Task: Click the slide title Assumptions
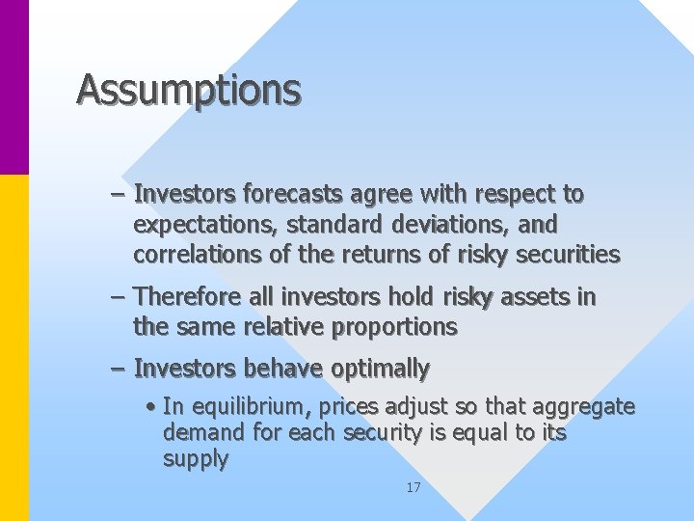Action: (189, 90)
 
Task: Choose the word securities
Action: (568, 255)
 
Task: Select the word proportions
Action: (394, 327)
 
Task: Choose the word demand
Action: (199, 433)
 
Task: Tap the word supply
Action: (195, 459)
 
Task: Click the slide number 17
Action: (413, 488)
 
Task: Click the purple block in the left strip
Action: (14, 87)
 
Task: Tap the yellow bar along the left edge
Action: (14, 347)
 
